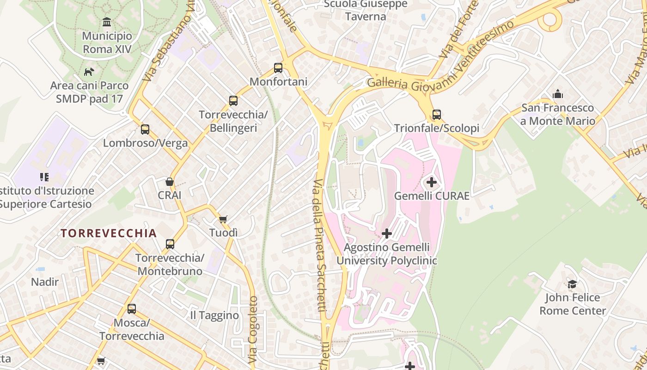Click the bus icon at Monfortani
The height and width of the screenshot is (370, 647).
[278, 68]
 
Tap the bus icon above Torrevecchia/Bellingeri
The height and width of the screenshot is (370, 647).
[233, 100]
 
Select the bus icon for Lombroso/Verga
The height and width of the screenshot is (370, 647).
[145, 129]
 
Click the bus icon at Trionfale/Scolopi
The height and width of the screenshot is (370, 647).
[436, 114]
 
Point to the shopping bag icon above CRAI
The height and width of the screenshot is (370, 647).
[170, 182]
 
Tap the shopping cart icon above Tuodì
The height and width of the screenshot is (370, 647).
[223, 219]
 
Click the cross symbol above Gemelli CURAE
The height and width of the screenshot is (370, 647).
[431, 182]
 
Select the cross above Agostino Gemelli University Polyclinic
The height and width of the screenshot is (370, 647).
[387, 234]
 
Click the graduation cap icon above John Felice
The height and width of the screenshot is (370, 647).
[572, 284]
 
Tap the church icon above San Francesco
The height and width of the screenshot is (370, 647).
[558, 94]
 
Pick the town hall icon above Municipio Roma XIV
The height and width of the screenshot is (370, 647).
[107, 22]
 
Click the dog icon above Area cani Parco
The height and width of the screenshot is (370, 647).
[89, 72]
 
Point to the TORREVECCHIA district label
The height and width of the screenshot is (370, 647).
[109, 233]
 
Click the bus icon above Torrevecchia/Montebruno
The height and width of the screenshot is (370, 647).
[170, 244]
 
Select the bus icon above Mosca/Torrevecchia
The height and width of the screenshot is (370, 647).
[132, 308]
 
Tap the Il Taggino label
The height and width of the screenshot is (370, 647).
[214, 315]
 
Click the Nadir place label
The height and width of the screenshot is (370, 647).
[45, 282]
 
